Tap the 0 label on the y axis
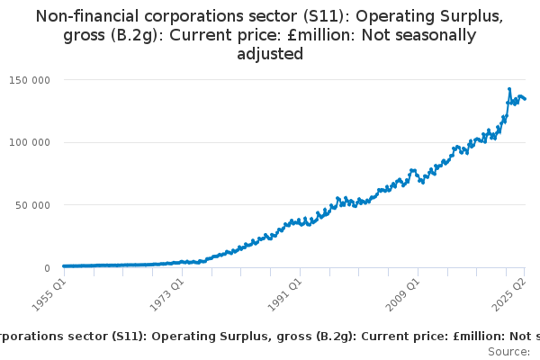(x=46, y=268)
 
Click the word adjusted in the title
(x=270, y=54)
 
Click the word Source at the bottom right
(x=513, y=352)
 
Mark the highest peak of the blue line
(x=509, y=89)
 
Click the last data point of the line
(x=526, y=99)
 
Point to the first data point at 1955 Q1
(x=63, y=266)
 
